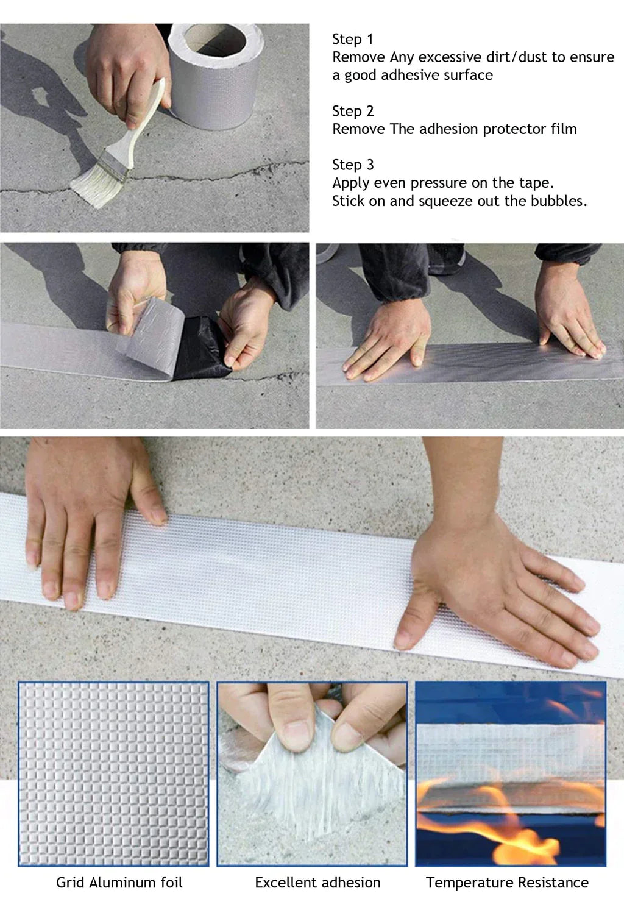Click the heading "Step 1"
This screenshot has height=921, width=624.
(352, 40)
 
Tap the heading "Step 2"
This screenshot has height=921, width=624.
(353, 112)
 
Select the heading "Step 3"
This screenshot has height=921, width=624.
(353, 165)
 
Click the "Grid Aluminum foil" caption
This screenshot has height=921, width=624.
(119, 882)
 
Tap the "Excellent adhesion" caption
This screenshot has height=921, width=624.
(317, 882)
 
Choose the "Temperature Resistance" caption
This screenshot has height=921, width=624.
(507, 882)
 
